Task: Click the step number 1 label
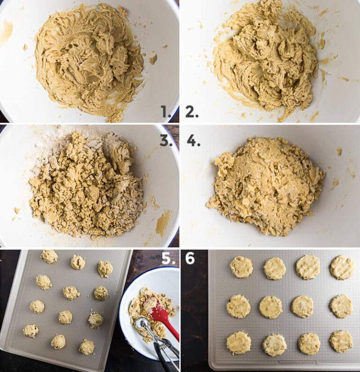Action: tap(165, 112)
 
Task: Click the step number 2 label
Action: tap(192, 112)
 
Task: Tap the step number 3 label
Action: tap(166, 140)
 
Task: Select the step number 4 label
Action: tap(193, 140)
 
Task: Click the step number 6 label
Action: tap(190, 259)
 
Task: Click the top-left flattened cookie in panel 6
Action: tap(241, 267)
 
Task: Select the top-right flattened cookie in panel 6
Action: tap(342, 267)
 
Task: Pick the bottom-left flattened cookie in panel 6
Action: tap(239, 343)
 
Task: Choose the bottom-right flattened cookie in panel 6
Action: tap(341, 341)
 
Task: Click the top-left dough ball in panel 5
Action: tap(49, 256)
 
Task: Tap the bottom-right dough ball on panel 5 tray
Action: tap(86, 347)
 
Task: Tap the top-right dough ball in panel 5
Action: tap(105, 269)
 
